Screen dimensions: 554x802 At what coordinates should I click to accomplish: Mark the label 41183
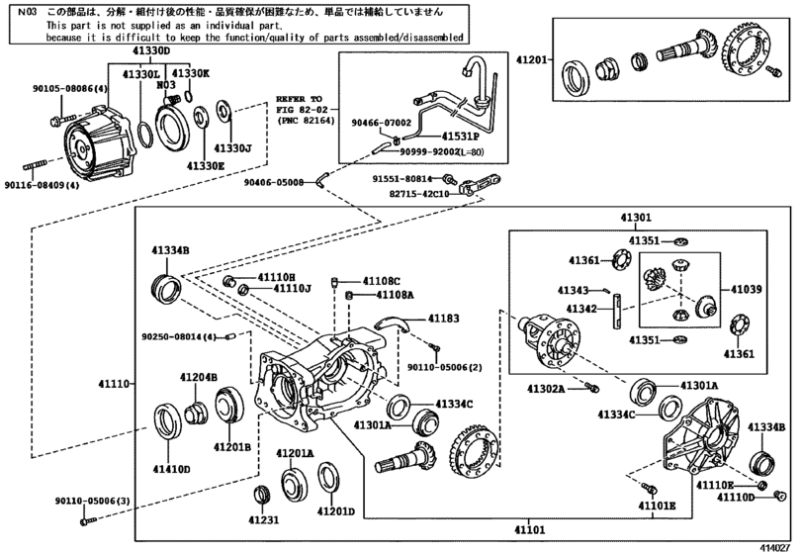443,318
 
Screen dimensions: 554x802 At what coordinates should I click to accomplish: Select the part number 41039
749,289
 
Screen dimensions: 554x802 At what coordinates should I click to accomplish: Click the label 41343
573,291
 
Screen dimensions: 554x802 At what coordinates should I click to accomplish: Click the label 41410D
171,469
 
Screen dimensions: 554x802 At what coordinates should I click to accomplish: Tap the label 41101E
657,506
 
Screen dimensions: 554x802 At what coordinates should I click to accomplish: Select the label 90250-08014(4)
178,337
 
